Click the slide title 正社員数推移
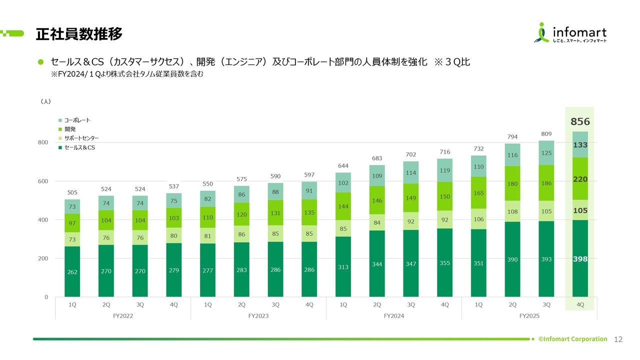79,34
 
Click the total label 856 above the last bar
580,121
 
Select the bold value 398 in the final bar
580,259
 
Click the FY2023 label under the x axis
258,316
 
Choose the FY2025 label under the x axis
529,316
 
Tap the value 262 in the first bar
72,272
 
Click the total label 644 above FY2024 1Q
343,165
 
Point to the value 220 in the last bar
580,178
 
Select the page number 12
618,339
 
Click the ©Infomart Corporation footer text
572,339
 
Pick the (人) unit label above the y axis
45,101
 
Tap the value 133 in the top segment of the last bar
580,145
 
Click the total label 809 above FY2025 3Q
546,133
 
